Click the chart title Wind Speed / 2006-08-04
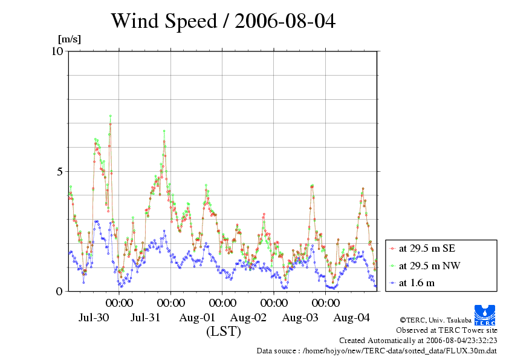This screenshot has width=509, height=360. [x=222, y=21]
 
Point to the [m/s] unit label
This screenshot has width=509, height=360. [x=69, y=39]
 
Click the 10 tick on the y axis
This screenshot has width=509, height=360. [x=57, y=51]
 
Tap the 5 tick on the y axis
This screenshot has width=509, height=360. [x=60, y=171]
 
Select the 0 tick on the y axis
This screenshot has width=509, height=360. [x=60, y=291]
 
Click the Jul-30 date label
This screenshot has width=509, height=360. [x=94, y=318]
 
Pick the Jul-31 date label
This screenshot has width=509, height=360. [x=146, y=318]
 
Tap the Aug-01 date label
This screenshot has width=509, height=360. [x=198, y=318]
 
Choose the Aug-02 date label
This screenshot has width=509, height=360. [x=249, y=318]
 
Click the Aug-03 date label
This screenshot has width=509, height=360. [x=301, y=318]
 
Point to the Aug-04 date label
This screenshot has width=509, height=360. [x=352, y=318]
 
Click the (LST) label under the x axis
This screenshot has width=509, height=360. [x=224, y=332]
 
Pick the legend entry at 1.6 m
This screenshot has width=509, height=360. [x=417, y=283]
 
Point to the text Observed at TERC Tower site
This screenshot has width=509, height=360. [x=446, y=330]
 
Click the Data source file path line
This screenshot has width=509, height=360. [x=377, y=350]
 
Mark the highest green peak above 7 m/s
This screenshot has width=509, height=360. [x=110, y=116]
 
